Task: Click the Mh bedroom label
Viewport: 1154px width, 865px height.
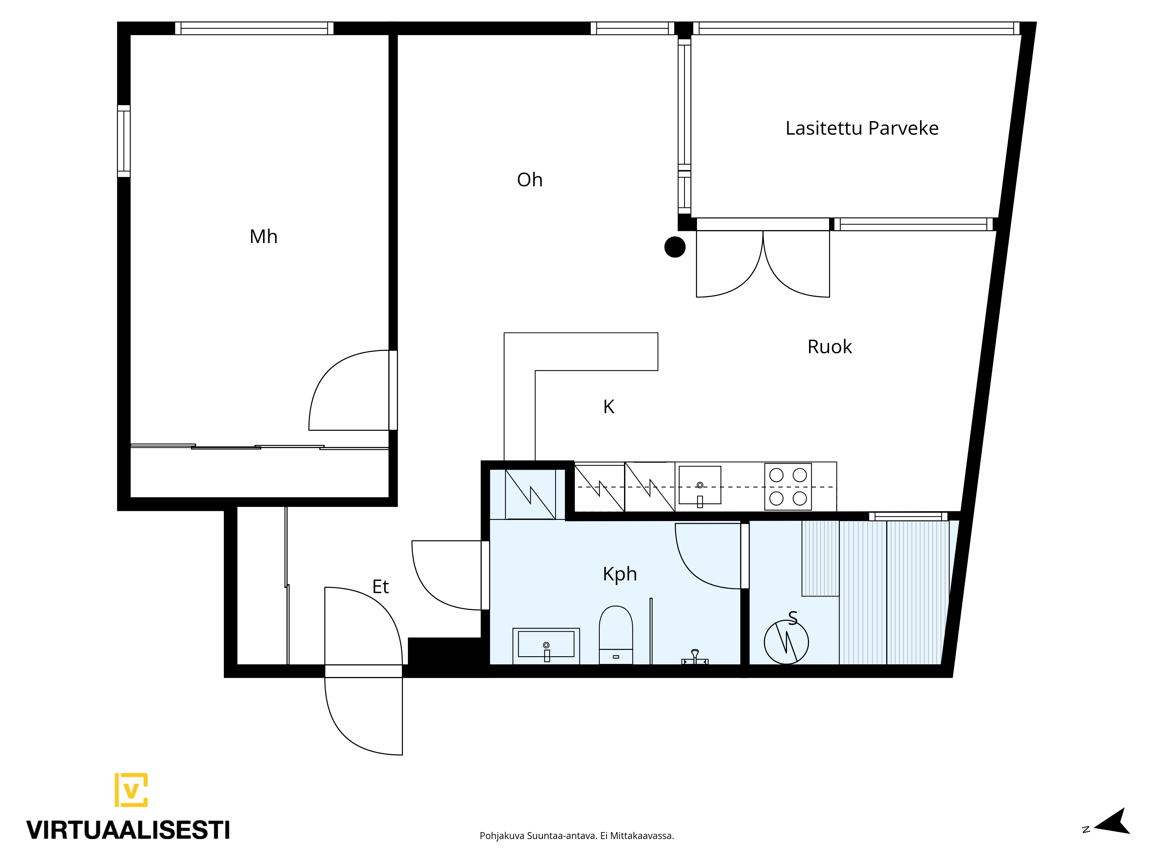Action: (263, 237)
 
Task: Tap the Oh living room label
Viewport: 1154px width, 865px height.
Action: (529, 180)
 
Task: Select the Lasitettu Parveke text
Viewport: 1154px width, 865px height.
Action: (862, 128)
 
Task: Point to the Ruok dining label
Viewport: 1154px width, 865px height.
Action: (829, 347)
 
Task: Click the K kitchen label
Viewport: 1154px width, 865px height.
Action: (609, 407)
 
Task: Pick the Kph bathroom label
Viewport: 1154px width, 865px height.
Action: (620, 574)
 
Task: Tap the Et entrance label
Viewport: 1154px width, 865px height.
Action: (380, 587)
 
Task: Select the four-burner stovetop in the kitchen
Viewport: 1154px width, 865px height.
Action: (788, 486)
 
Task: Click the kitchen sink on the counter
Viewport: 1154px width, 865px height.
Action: (700, 486)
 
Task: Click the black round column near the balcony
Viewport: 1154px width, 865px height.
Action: (675, 247)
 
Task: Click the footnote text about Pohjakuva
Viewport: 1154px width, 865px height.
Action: (576, 850)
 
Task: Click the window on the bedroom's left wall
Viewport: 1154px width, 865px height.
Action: (124, 141)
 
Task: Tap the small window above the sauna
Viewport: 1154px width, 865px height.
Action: (908, 516)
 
